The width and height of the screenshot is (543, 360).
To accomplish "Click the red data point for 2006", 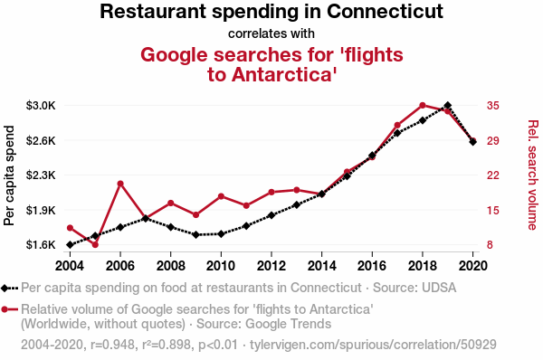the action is (120, 184).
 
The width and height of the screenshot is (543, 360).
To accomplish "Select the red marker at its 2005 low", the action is (95, 245).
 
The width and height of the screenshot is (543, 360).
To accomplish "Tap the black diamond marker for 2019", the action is (448, 105).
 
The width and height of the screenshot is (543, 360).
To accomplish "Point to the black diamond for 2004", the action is (70, 245).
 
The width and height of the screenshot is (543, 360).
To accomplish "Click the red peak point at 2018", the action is (423, 105).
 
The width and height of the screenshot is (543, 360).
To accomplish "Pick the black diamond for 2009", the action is (196, 234).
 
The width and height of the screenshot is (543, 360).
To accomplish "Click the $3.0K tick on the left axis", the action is (41, 105).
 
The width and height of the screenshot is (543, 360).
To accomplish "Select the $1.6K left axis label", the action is (41, 245).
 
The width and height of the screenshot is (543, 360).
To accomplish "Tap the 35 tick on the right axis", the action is (493, 105).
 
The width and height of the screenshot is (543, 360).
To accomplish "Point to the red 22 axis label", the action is (493, 175).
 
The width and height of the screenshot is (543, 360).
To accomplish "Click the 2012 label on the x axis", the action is (271, 266).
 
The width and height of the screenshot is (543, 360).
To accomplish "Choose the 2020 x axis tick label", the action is (473, 266).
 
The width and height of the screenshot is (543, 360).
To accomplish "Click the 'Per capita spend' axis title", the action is (9, 175).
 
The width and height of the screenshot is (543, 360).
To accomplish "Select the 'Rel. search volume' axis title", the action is (533, 175).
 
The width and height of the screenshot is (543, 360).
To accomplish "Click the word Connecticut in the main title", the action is (385, 11).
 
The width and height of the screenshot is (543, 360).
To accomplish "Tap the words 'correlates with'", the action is (271, 33).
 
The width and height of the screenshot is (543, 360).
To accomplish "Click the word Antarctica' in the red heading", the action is (284, 74).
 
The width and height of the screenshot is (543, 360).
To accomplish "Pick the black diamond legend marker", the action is (5, 288).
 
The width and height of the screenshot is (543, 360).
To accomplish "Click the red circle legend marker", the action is (5, 309).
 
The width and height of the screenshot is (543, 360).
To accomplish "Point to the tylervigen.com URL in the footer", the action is (373, 345).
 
